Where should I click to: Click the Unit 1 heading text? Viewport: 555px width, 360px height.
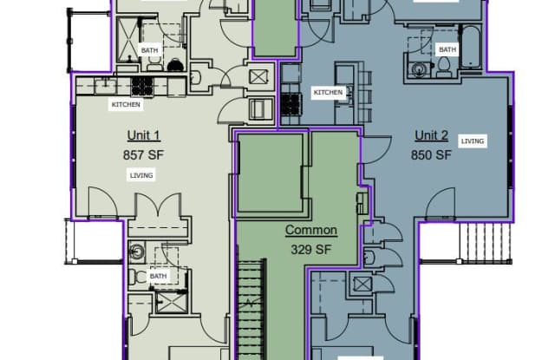click(144, 135)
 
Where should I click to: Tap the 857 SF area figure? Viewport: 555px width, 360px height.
click(144, 155)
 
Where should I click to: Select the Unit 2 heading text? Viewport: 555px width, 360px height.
click(432, 135)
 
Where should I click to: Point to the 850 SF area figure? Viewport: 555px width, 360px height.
click(432, 154)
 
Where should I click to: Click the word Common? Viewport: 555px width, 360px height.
click(311, 230)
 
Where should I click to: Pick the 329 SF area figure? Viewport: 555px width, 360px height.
click(311, 250)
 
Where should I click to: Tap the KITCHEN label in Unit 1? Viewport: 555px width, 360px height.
click(126, 104)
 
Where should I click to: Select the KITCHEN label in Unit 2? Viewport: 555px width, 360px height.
click(328, 93)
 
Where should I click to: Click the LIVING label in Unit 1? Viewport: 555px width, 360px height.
click(141, 175)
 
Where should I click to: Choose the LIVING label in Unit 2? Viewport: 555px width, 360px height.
click(473, 141)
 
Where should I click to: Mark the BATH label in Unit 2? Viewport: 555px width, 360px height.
click(447, 49)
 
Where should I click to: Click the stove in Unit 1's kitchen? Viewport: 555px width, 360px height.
click(142, 87)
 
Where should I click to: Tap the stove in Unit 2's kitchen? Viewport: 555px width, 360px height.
click(291, 104)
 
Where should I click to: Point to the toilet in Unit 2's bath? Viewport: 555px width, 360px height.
click(443, 67)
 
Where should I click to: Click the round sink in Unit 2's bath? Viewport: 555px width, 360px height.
click(420, 69)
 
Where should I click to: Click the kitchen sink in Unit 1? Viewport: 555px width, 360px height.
click(105, 86)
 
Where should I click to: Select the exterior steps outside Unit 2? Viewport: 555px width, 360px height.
click(486, 242)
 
